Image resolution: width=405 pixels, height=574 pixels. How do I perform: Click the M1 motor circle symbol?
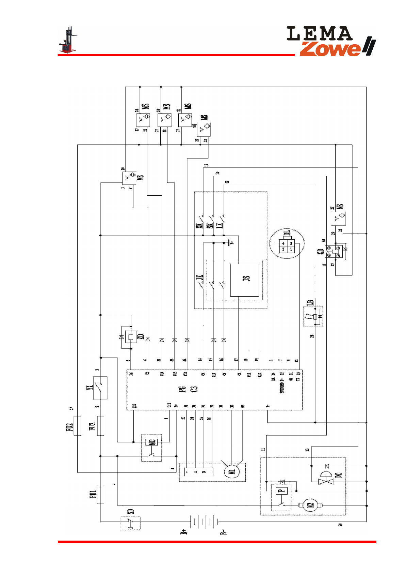click(x=232, y=471)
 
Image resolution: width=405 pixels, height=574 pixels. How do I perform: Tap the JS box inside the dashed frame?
click(x=245, y=280)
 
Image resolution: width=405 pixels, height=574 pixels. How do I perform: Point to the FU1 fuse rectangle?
click(x=100, y=494)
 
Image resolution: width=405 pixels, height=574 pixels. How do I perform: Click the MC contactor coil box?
click(x=152, y=442)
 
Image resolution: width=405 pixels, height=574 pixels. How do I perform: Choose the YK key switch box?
click(x=100, y=388)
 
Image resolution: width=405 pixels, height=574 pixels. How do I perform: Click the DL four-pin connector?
click(x=287, y=246)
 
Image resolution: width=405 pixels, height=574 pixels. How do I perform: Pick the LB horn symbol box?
click(x=313, y=317)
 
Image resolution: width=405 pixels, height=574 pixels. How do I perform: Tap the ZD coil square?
click(x=131, y=337)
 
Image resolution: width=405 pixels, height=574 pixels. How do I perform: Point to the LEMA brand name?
click(x=319, y=34)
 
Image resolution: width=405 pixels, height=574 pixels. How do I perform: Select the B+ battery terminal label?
click(x=184, y=532)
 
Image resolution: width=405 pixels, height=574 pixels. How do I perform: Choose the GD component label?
click(x=320, y=252)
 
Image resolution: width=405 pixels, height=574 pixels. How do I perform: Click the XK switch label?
click(x=199, y=225)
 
